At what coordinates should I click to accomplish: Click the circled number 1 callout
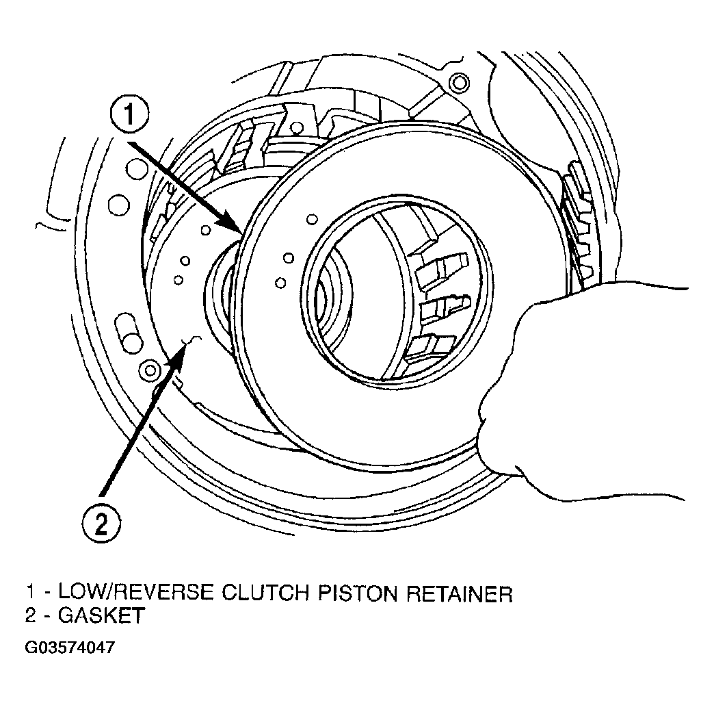coord(129,114)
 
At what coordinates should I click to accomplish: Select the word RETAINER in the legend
coord(459,593)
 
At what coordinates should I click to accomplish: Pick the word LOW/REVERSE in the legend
coord(135,593)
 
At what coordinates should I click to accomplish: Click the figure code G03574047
coord(70,647)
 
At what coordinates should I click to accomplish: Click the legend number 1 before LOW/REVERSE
coord(31,593)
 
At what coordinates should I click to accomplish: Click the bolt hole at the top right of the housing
coord(458,83)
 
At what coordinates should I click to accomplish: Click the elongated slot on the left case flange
coord(129,333)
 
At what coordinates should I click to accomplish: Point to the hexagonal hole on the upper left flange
coord(137,170)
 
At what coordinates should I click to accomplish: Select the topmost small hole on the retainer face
coord(312,219)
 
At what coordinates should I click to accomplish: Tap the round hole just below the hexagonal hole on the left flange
coord(118,204)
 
